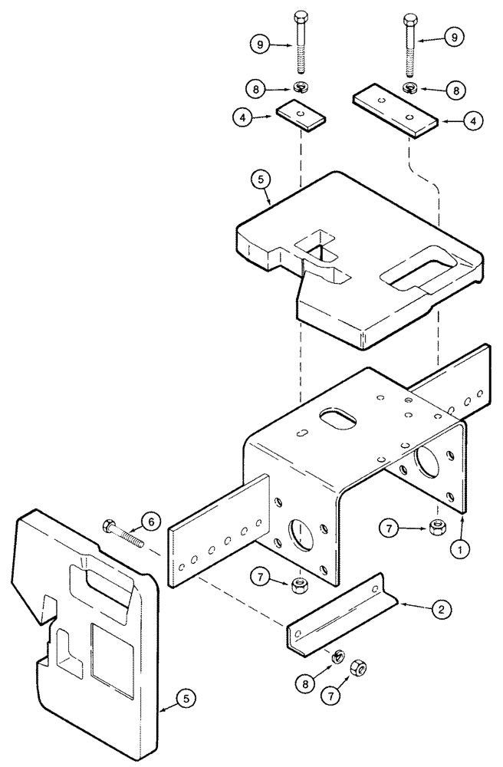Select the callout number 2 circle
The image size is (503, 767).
click(442, 611)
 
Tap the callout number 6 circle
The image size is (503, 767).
click(150, 521)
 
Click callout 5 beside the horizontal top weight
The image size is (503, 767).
click(258, 183)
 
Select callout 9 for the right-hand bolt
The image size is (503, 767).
click(455, 37)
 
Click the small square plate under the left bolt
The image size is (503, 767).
click(300, 113)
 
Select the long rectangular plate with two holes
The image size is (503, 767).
click(394, 110)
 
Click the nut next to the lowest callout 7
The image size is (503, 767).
click(357, 667)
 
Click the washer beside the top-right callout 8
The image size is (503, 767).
click(409, 88)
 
